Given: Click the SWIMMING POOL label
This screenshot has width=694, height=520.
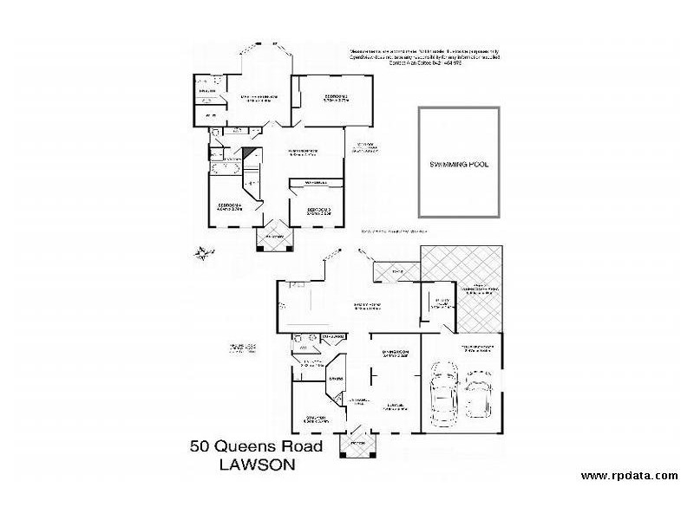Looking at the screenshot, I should coord(460,164).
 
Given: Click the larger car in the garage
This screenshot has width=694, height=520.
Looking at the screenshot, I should coord(443,396).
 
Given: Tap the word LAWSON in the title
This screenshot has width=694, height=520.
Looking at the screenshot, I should coord(257,465).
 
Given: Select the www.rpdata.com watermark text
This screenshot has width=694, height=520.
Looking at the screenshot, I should coord(629,475).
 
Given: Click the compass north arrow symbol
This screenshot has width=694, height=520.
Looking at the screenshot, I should coord(202,253).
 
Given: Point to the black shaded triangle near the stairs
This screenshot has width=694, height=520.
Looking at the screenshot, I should coord(251,156).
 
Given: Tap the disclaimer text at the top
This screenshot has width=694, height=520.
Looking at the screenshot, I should coord(425,57).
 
